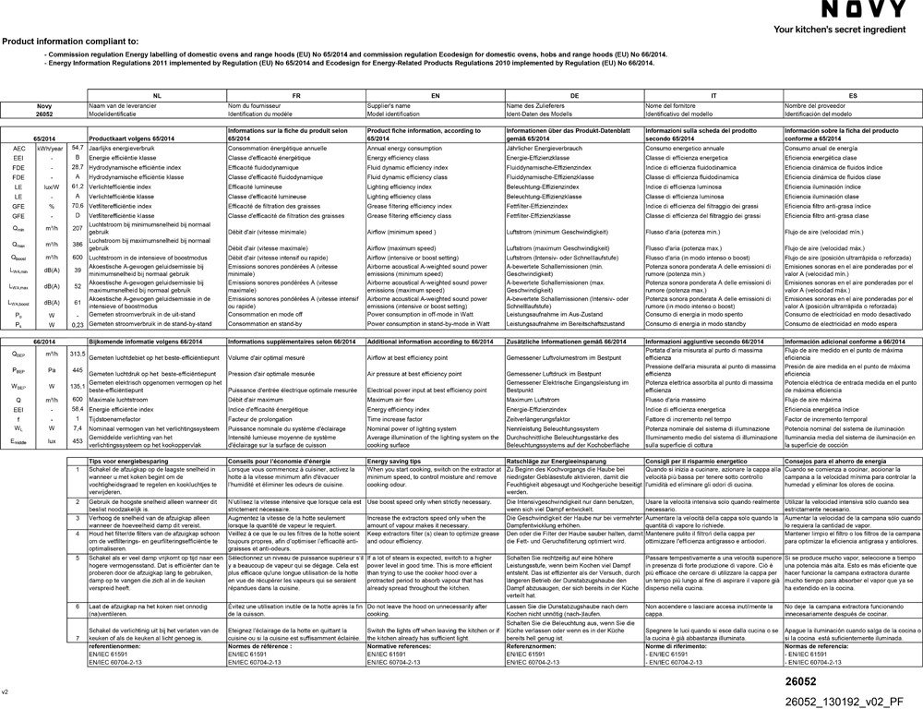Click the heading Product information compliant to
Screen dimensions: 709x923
[x=70, y=42]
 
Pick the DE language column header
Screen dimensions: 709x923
[x=574, y=96]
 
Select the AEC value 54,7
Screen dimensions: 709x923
[x=78, y=148]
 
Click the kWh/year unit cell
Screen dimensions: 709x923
[x=52, y=148]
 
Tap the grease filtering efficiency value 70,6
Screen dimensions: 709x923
[x=78, y=206]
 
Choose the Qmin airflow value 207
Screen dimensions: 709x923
[x=78, y=227]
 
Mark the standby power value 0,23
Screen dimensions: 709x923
[x=78, y=325]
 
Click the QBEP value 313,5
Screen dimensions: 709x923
[x=78, y=354]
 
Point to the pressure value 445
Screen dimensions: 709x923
[x=78, y=369]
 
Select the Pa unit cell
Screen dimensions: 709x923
[x=52, y=369]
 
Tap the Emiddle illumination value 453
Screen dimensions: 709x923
[x=78, y=441]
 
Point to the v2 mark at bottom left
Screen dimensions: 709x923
[x=5, y=691]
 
